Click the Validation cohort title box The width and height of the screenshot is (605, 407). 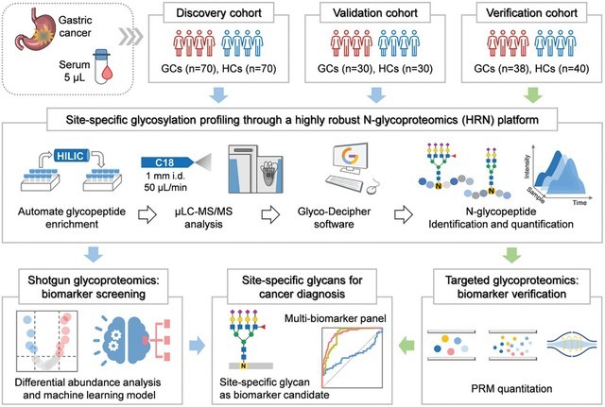click(377, 16)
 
